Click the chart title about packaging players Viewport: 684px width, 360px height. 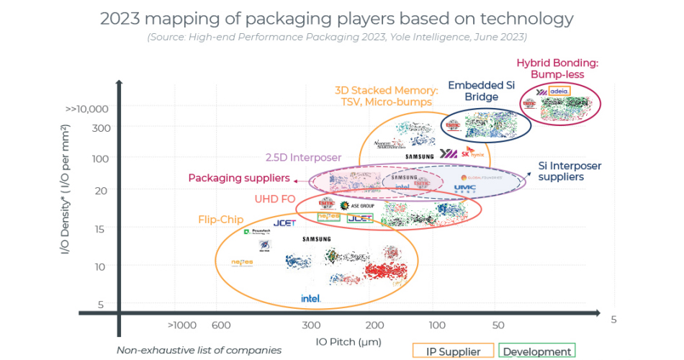pyautogui.click(x=336, y=19)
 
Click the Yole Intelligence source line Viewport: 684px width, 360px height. pyautogui.click(x=336, y=37)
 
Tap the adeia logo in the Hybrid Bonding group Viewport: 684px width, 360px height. pyautogui.click(x=559, y=91)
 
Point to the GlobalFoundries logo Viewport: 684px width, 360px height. pyautogui.click(x=479, y=177)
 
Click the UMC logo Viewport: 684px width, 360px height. pyautogui.click(x=464, y=189)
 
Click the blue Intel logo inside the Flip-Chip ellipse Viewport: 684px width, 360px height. pyautogui.click(x=310, y=297)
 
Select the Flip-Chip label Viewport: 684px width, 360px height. pyautogui.click(x=221, y=220)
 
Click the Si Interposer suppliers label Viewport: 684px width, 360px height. pyautogui.click(x=570, y=171)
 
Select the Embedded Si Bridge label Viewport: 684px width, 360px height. pyautogui.click(x=481, y=91)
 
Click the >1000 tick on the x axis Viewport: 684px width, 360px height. pyautogui.click(x=182, y=325)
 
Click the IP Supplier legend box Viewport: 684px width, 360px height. pyautogui.click(x=454, y=351)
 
